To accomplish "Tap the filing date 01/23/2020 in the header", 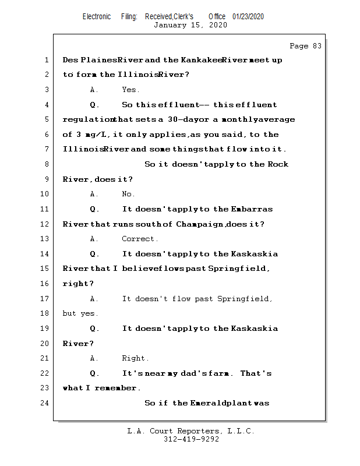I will pos(248,17).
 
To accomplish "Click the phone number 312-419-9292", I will pos(191,439).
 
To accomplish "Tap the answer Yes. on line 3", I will pos(130,90).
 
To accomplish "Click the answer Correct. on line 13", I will pos(140,239).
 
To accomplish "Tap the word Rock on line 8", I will pos(278,164).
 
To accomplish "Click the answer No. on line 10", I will pos(128,194).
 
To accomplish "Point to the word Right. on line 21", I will pos(135,358).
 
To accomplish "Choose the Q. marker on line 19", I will pos(94,329).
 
